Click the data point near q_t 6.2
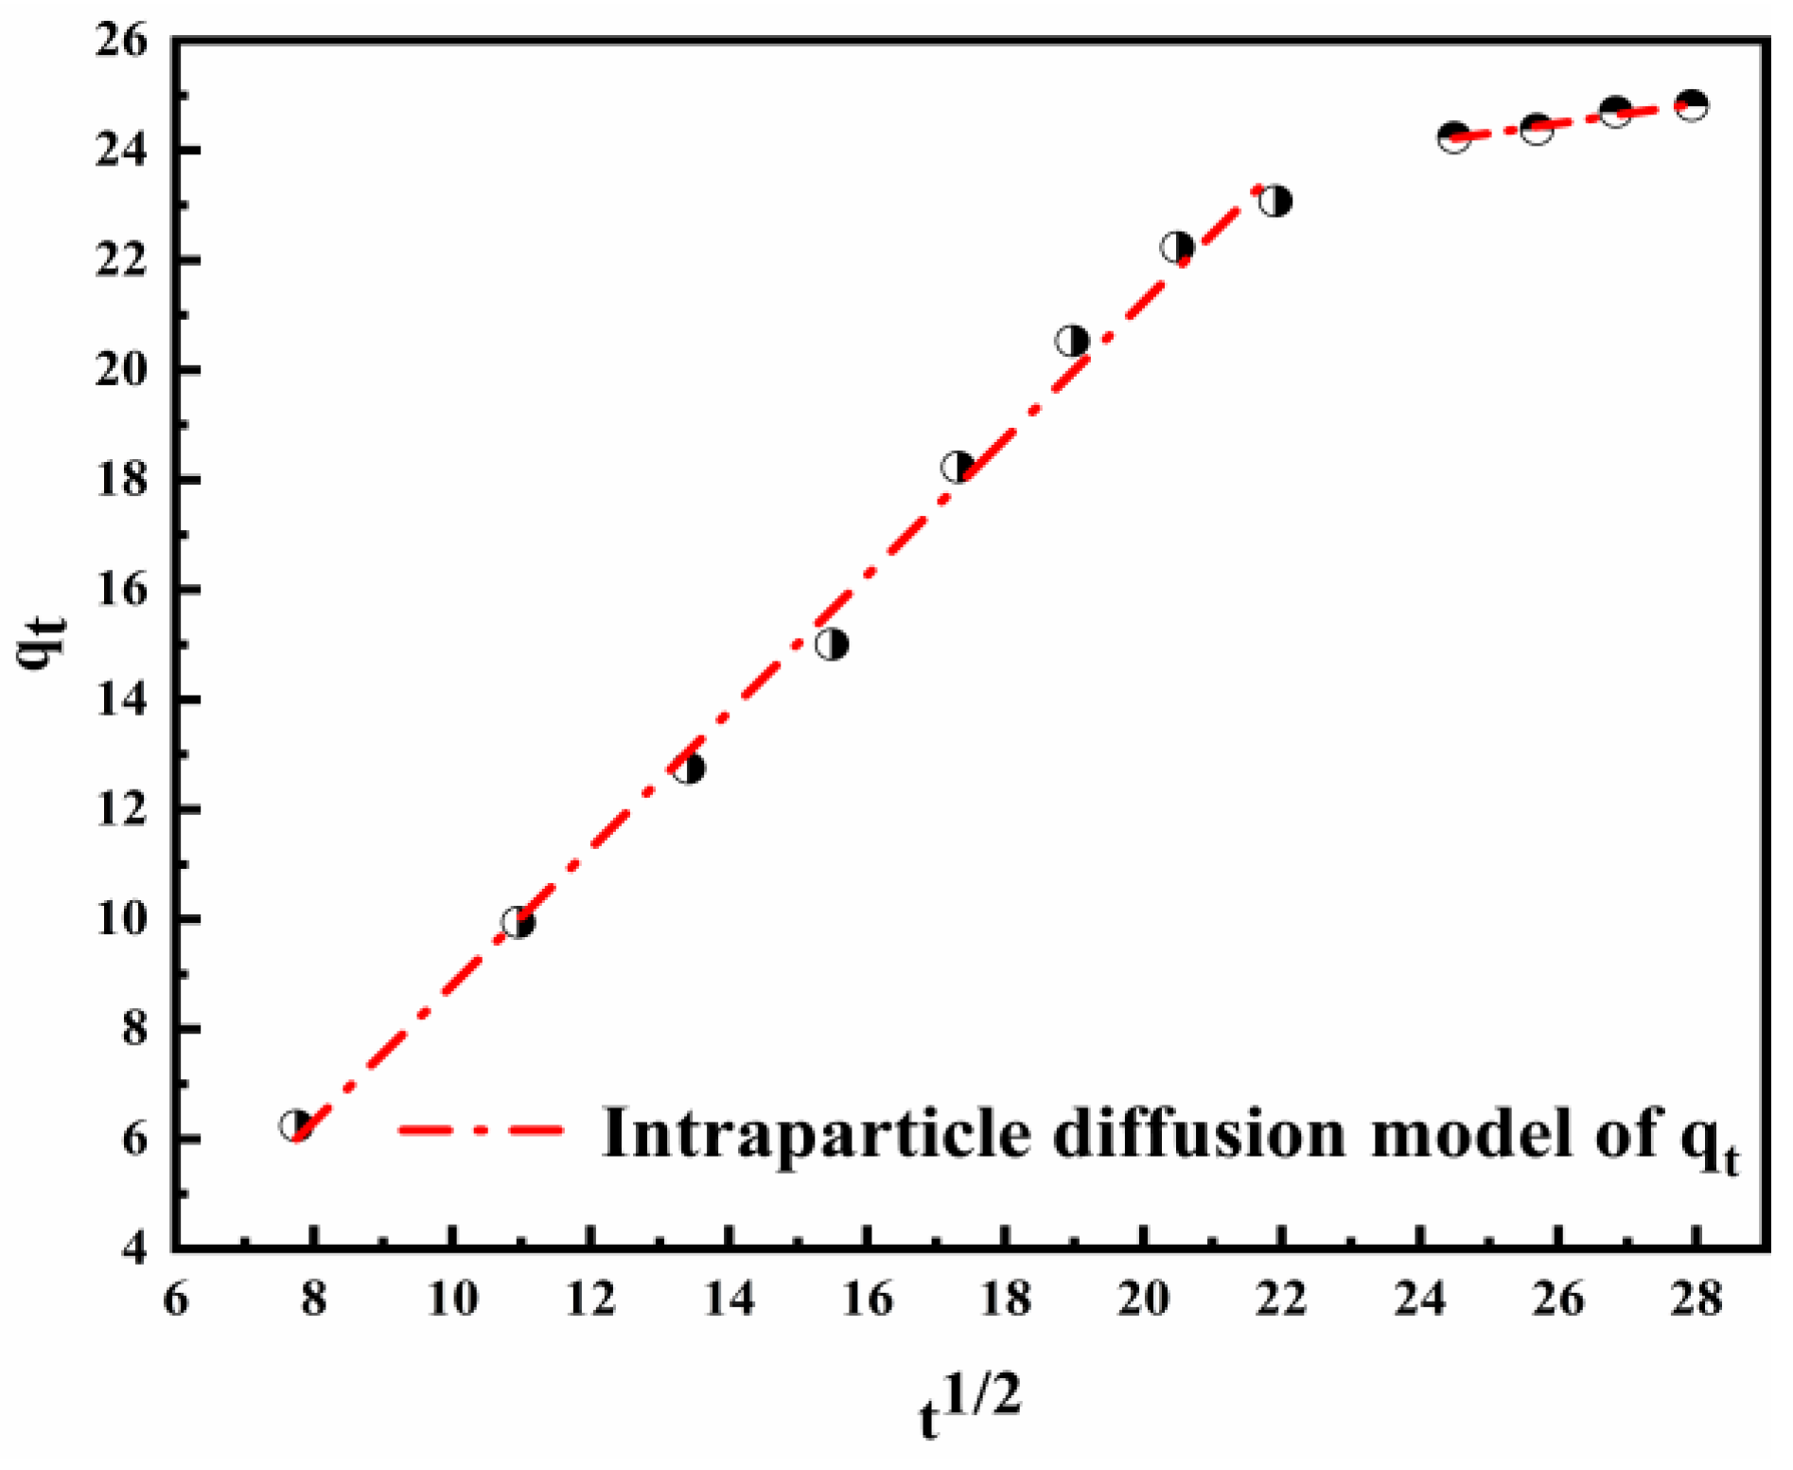point(296,1125)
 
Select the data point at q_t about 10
point(518,921)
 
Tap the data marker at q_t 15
point(832,645)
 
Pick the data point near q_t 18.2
point(958,467)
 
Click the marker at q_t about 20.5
point(1072,341)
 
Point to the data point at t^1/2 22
point(1275,201)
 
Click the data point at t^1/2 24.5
point(1453,137)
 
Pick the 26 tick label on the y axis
point(121,44)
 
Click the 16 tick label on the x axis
point(867,1300)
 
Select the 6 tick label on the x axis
point(176,1300)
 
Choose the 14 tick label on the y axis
point(121,700)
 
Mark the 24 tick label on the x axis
point(1419,1300)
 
